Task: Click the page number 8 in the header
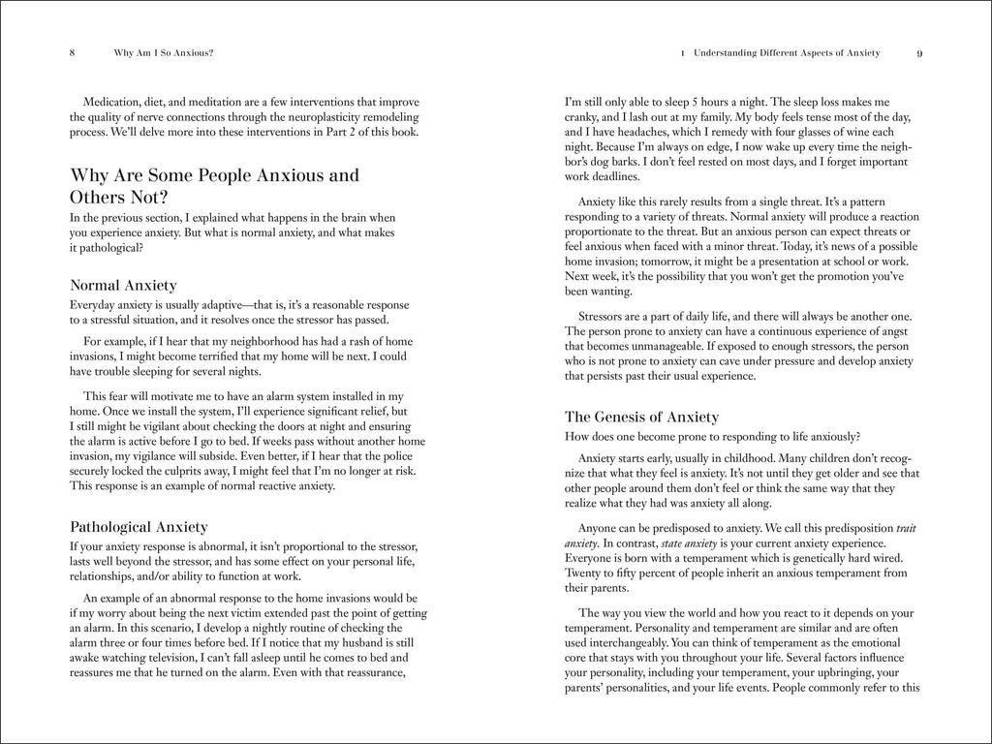[x=73, y=53]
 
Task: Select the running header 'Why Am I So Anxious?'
[x=163, y=53]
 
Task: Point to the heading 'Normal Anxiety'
[x=123, y=286]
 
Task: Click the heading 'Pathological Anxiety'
[x=139, y=527]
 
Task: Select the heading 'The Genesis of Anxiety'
[x=641, y=417]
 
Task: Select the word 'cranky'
[x=583, y=117]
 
